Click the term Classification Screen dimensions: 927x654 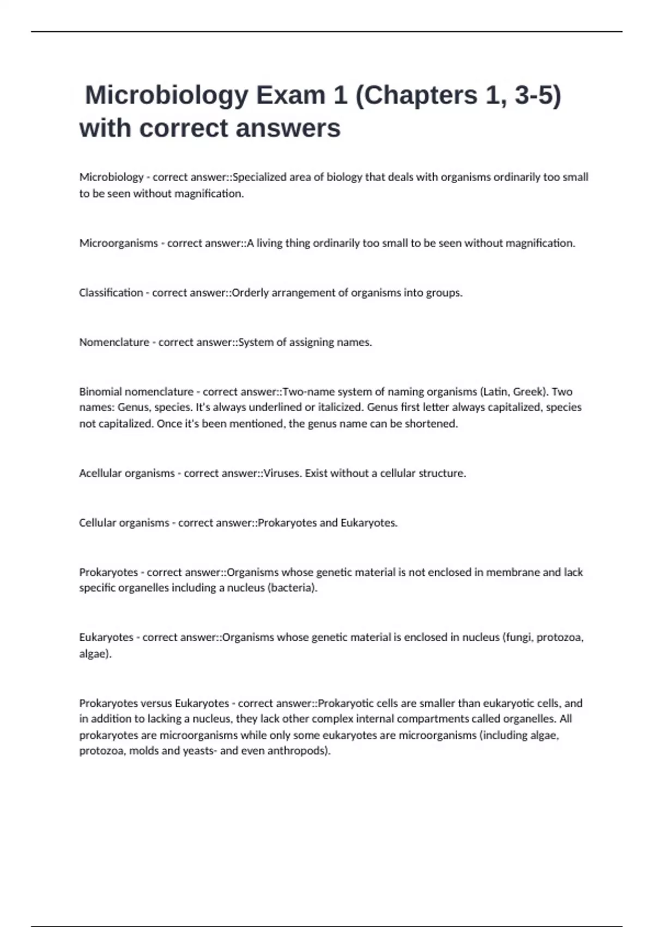click(x=111, y=293)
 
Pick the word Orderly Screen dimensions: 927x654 click(x=251, y=293)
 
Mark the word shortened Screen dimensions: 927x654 click(x=433, y=424)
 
